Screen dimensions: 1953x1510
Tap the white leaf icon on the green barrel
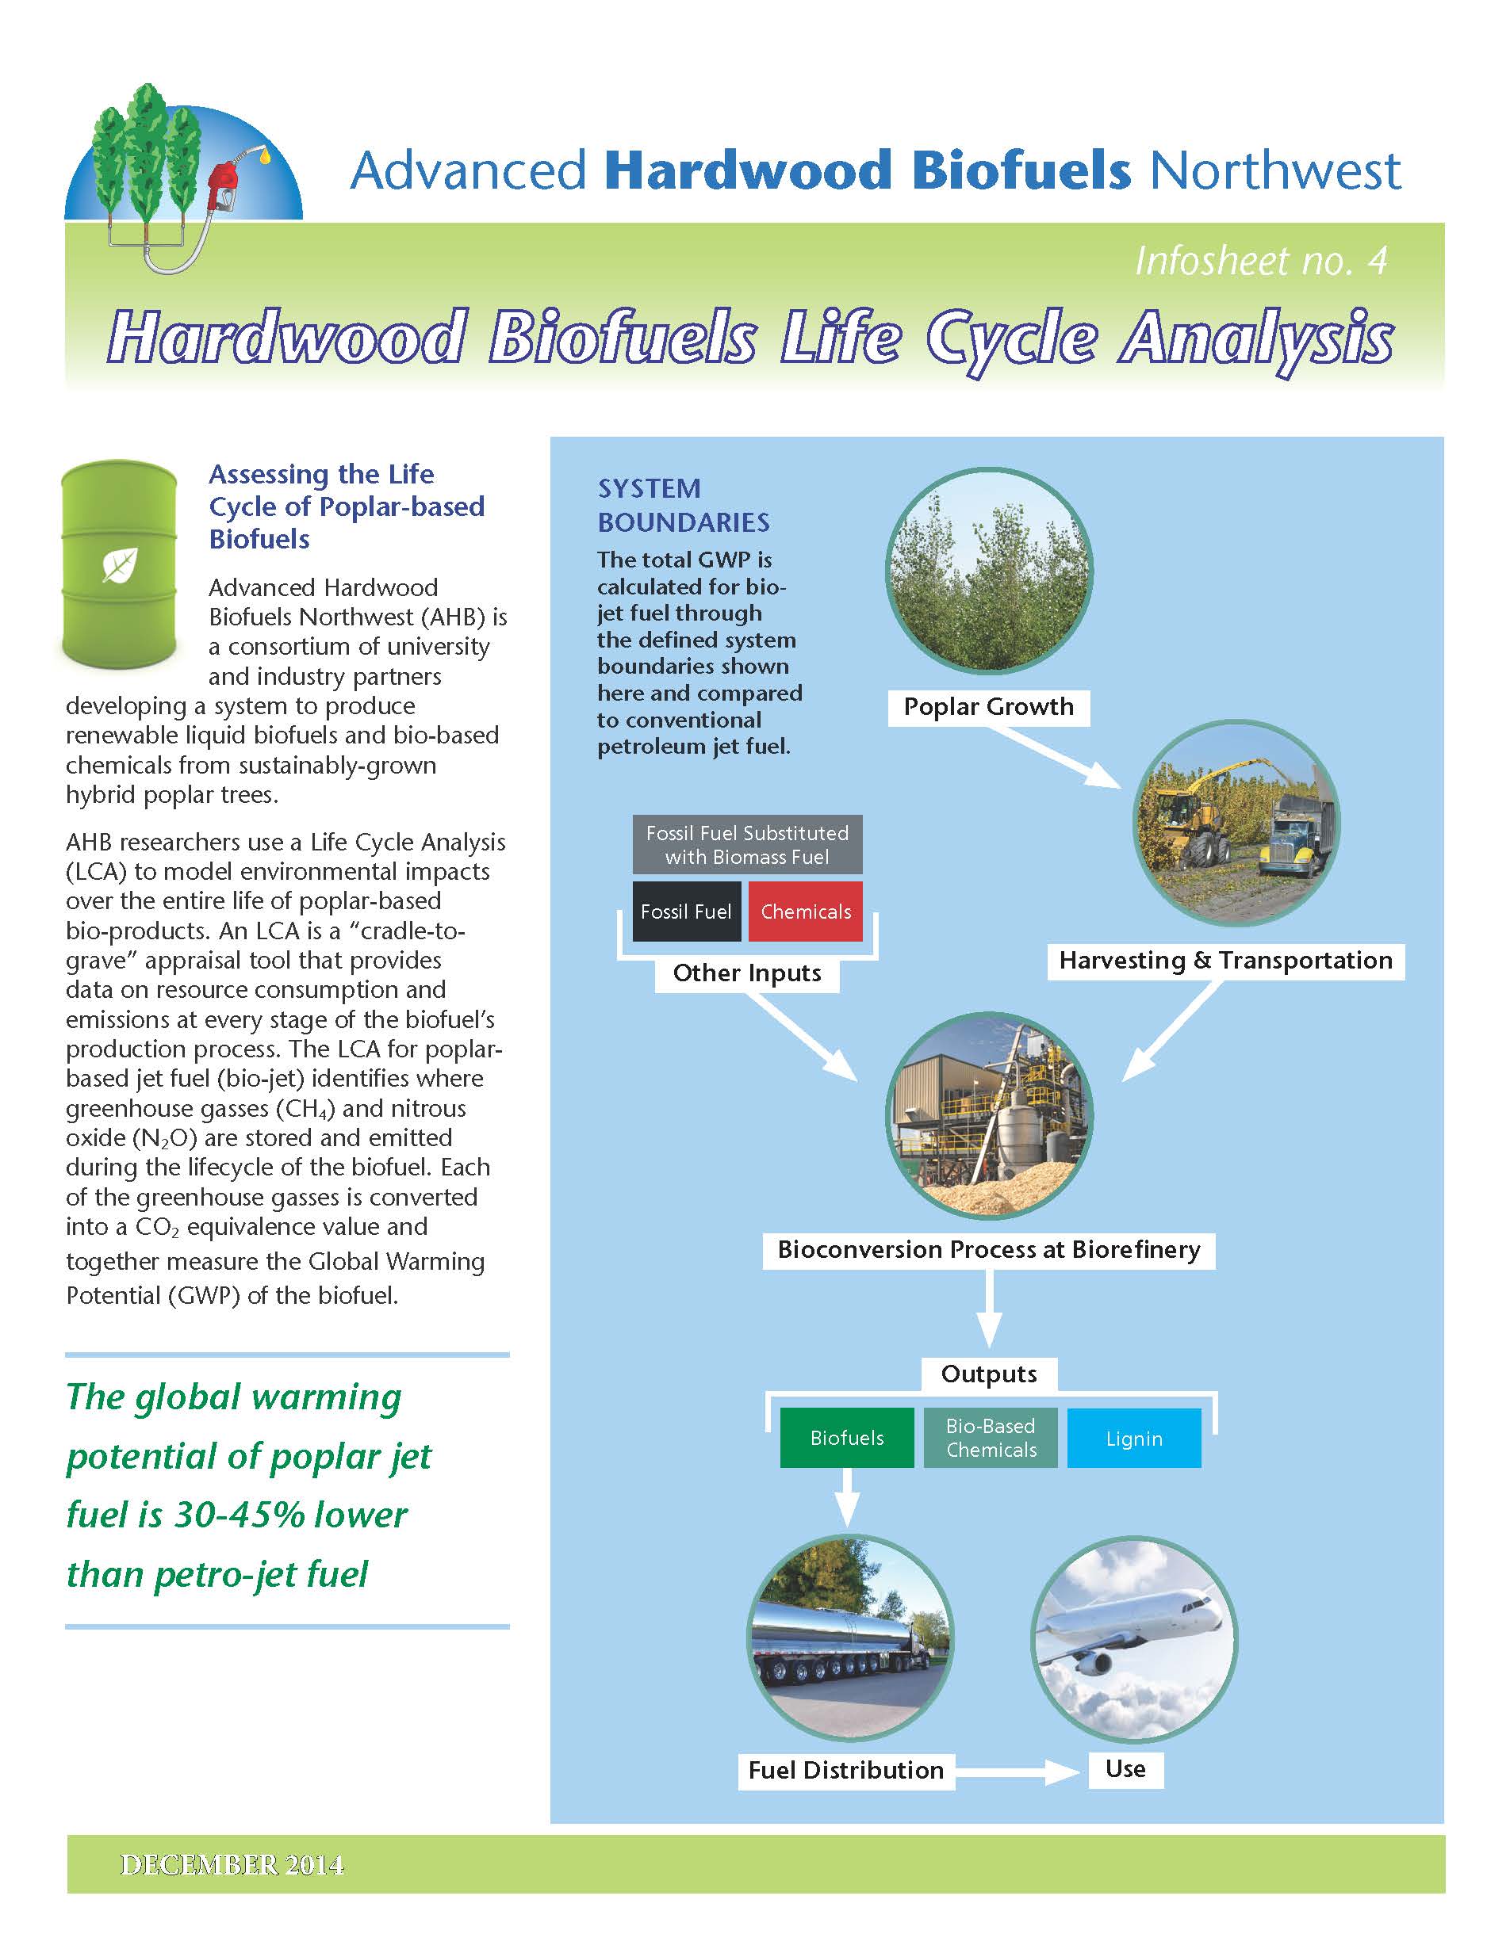(x=119, y=564)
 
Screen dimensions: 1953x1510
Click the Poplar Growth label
(x=987, y=706)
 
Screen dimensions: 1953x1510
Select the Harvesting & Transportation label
(x=1224, y=961)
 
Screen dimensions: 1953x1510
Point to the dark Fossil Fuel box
(x=686, y=912)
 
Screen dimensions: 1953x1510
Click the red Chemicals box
(x=805, y=912)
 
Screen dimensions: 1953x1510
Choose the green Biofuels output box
(x=846, y=1437)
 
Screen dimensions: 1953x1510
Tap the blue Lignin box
(x=1133, y=1438)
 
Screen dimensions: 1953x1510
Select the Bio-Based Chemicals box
(x=991, y=1437)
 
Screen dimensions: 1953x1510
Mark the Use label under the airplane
(x=1125, y=1769)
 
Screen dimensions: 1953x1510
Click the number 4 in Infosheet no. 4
(x=1378, y=261)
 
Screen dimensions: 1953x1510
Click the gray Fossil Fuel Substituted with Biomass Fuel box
(x=747, y=844)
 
